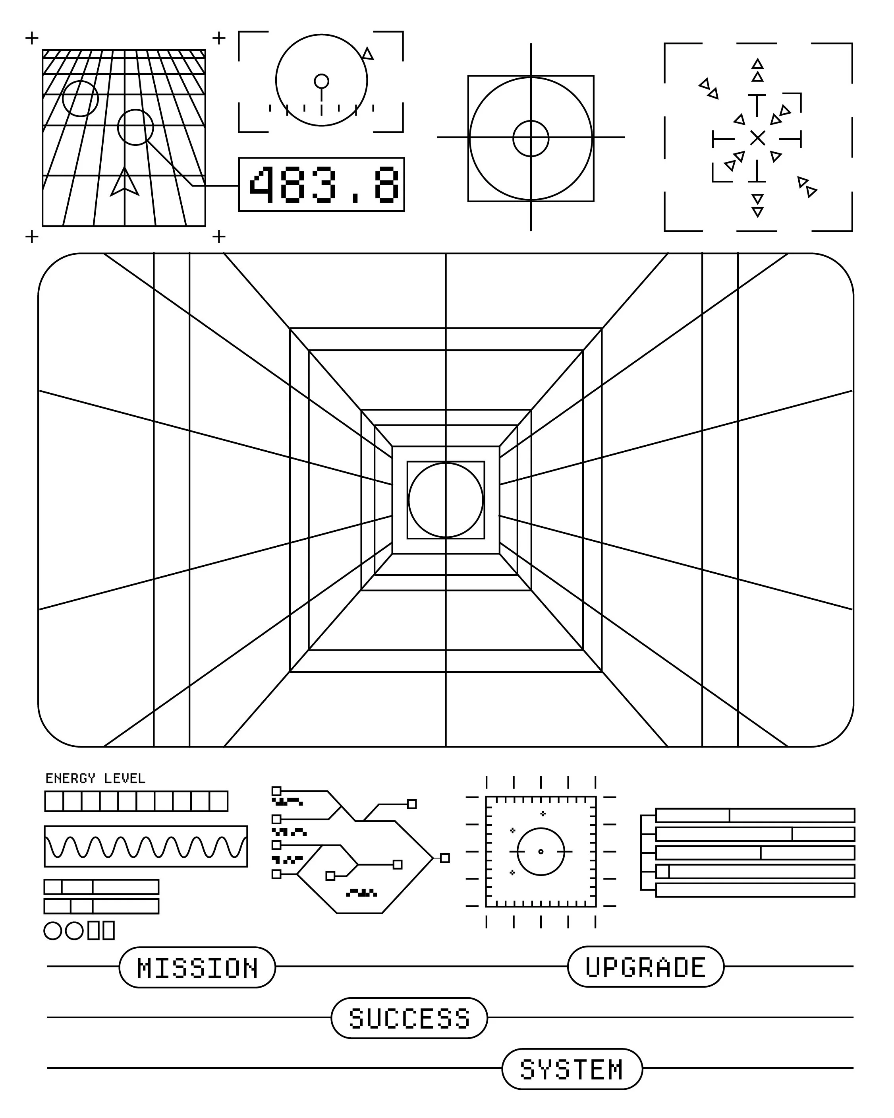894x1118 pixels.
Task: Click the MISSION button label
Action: point(197,968)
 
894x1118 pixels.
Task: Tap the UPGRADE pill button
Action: point(645,967)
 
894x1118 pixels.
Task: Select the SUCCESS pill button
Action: point(409,1018)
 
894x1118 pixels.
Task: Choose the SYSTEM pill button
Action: point(572,1069)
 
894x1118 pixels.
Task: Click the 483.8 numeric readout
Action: point(321,184)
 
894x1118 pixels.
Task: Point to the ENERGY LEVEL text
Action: point(95,778)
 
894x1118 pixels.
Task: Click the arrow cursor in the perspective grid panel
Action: point(124,182)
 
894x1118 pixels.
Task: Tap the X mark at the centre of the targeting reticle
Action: point(757,138)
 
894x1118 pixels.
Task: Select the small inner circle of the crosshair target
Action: point(531,138)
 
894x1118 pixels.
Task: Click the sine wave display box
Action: point(146,846)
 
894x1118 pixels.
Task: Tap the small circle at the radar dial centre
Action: point(321,81)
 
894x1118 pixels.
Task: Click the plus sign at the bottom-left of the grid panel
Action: point(32,236)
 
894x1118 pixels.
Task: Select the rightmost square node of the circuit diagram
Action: point(445,858)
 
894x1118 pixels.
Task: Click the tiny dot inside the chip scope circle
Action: point(541,851)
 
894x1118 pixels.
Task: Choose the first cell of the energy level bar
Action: point(54,801)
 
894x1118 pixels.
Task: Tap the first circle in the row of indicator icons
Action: point(52,931)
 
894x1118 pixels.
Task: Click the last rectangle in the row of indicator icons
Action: point(108,931)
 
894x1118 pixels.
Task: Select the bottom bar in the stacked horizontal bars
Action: point(755,890)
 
